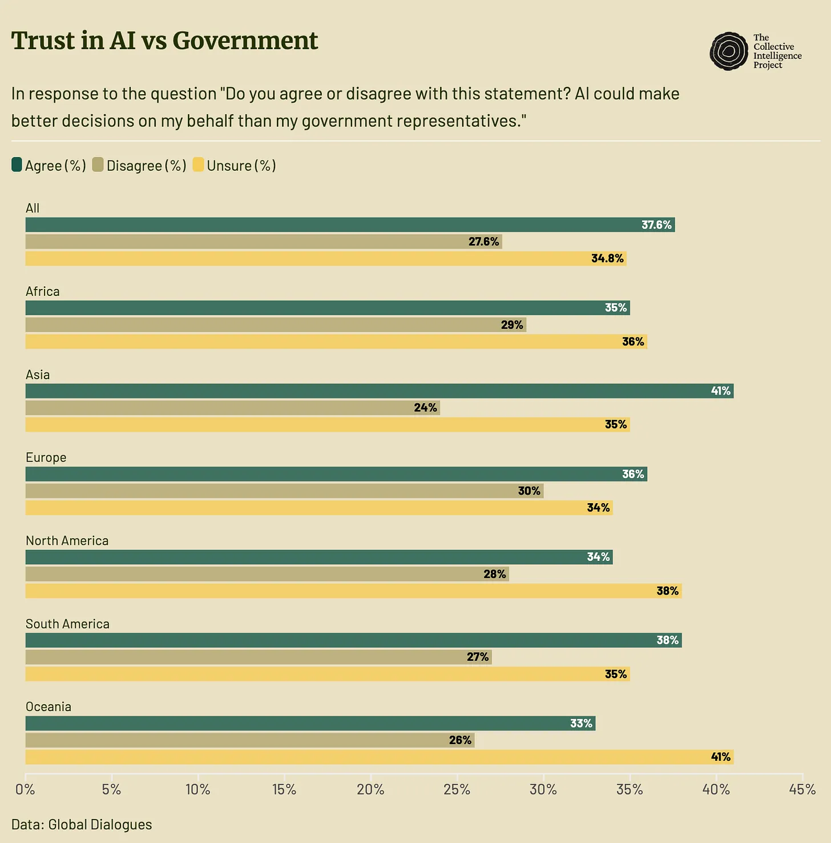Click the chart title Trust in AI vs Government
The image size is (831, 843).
pyautogui.click(x=164, y=41)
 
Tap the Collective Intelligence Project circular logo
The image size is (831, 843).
pyautogui.click(x=728, y=51)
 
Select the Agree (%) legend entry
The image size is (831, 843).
pyautogui.click(x=49, y=166)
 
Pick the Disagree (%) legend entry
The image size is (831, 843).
pyautogui.click(x=139, y=166)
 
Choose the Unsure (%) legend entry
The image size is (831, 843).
pyautogui.click(x=235, y=166)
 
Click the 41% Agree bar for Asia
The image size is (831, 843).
pyautogui.click(x=379, y=391)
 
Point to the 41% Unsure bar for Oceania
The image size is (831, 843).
pyautogui.click(x=379, y=757)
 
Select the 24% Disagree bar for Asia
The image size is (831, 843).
pyautogui.click(x=232, y=408)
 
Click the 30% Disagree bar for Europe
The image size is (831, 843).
pyautogui.click(x=284, y=491)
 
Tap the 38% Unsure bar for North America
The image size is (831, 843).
pyautogui.click(x=353, y=591)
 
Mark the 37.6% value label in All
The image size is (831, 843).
pyautogui.click(x=656, y=225)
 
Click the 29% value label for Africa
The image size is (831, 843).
pyautogui.click(x=512, y=325)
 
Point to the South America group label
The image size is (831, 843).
pyautogui.click(x=67, y=624)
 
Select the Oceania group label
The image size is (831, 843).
pyautogui.click(x=49, y=707)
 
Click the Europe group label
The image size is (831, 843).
pyautogui.click(x=46, y=457)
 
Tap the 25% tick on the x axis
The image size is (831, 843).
pyautogui.click(x=457, y=790)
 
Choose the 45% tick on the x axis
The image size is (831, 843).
pyautogui.click(x=802, y=790)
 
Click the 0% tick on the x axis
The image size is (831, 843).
pyautogui.click(x=25, y=790)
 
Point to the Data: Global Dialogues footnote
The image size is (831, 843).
pyautogui.click(x=82, y=825)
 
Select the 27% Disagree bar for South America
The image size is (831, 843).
pyautogui.click(x=258, y=657)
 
